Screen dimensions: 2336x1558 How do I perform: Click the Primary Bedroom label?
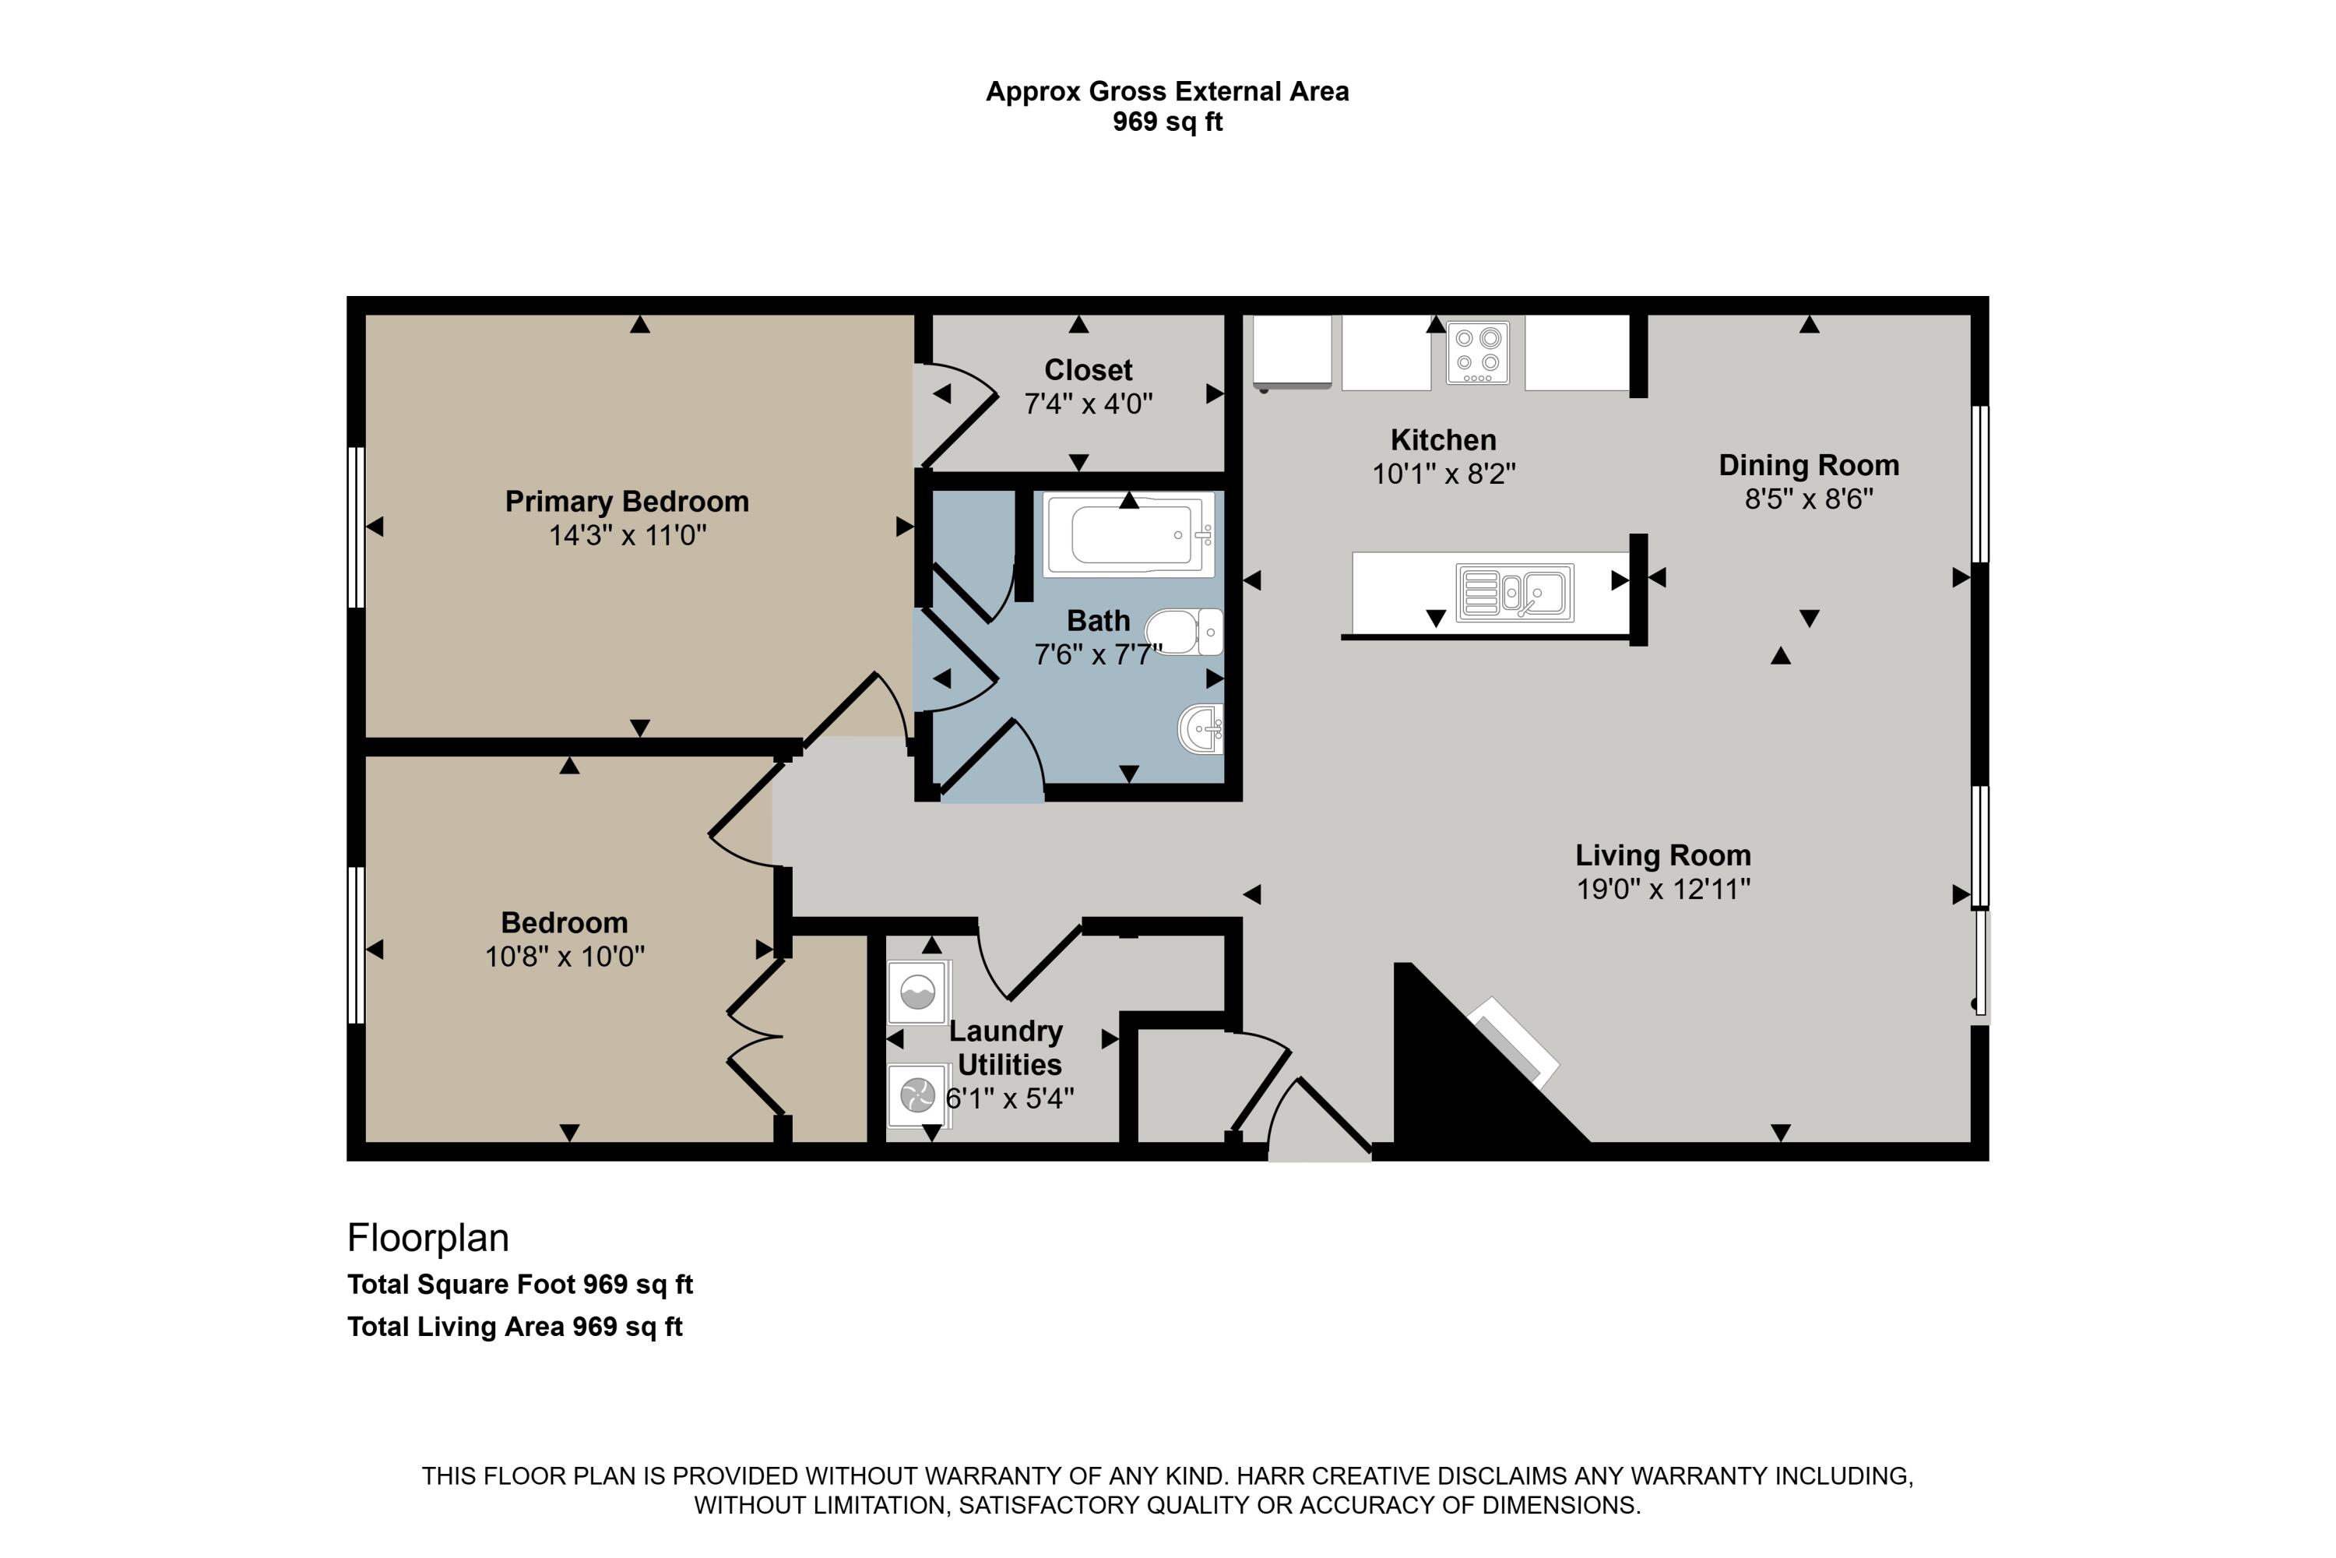[627, 502]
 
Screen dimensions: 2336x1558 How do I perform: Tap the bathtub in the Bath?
[1129, 534]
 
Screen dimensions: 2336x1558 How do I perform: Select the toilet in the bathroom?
[1184, 632]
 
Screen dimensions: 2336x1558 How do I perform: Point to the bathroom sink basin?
[1200, 729]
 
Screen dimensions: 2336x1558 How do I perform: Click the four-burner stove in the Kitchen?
[1478, 353]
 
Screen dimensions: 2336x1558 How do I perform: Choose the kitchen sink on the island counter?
[1515, 593]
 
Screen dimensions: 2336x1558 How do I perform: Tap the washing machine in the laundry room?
[918, 992]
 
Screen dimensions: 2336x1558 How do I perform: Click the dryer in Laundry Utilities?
[918, 1096]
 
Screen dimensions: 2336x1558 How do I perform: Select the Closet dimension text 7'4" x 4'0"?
[1089, 404]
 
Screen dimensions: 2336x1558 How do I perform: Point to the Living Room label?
[1662, 855]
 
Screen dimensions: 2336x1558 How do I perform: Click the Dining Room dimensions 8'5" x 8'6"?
[1809, 499]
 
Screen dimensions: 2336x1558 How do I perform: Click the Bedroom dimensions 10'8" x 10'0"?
[564, 957]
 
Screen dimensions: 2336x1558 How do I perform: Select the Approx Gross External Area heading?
[1167, 91]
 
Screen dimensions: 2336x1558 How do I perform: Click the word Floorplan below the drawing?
[428, 1238]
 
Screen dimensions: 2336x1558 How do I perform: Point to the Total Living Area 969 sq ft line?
[515, 1327]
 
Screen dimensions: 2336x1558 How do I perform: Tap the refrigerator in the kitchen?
[1291, 351]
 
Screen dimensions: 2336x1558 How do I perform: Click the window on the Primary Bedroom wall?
[356, 527]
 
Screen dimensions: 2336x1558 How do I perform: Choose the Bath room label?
[1099, 621]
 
